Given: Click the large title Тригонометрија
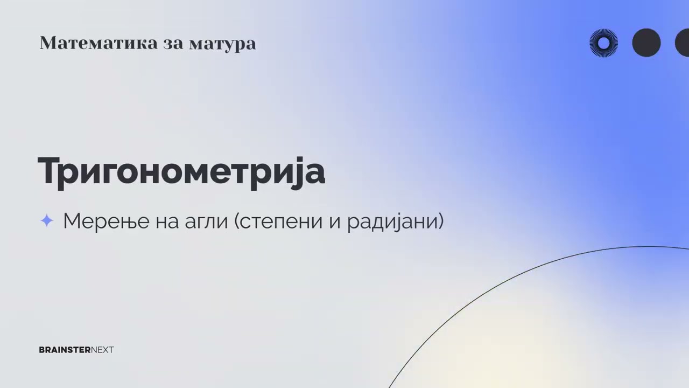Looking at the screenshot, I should tap(181, 171).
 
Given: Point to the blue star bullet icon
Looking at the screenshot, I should tap(47, 220).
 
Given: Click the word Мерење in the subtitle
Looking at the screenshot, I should tap(106, 221).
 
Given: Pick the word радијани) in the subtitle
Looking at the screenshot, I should tap(395, 221).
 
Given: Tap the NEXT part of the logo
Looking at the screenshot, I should tap(102, 350).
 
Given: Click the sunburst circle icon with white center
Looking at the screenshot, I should tap(603, 43).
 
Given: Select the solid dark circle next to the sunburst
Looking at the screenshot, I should tap(646, 43).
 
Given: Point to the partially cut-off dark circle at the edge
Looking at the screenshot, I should tap(683, 43).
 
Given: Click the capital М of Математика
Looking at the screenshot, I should tap(47, 43).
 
